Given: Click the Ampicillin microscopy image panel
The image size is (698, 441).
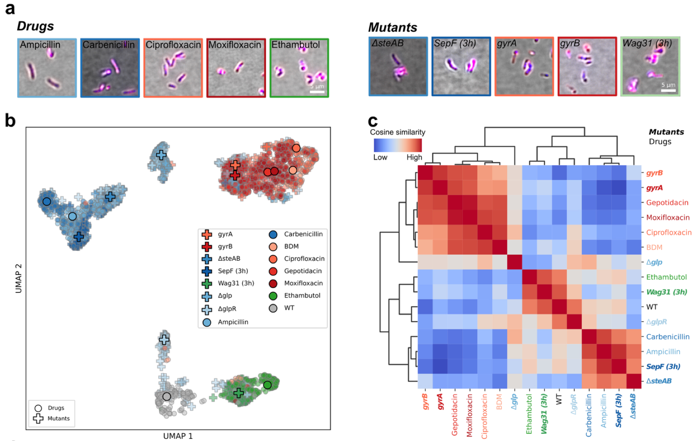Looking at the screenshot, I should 47,68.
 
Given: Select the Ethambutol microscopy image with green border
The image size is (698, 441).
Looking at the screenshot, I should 299,68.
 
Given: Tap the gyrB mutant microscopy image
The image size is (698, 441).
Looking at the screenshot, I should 587,66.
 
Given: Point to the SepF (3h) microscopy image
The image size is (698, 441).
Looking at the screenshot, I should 461,66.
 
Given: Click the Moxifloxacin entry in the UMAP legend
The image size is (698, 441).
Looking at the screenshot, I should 303,283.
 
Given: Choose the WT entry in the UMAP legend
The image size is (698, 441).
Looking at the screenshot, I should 289,308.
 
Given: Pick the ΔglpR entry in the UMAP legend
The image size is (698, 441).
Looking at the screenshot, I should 227,309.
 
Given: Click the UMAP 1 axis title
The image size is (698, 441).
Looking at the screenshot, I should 178,436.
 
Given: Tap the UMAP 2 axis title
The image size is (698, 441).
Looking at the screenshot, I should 18,278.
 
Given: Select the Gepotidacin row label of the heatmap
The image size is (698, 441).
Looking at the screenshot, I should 667,203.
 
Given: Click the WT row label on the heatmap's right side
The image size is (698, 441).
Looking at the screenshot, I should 652,307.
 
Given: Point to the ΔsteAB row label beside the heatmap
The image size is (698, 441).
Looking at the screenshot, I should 659,381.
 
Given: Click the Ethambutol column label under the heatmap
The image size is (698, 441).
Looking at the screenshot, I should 529,414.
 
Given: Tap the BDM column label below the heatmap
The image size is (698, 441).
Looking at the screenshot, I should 499,402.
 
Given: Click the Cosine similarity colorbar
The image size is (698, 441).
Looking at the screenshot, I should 398,145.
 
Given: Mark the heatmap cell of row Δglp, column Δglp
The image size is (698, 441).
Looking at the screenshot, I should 515,262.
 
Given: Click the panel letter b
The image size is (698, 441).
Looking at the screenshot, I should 10,121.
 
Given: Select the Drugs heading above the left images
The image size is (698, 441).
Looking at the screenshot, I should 35,26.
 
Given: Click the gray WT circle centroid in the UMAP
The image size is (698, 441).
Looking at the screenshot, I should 167,396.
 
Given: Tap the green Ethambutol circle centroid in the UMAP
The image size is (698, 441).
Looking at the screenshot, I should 267,385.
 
